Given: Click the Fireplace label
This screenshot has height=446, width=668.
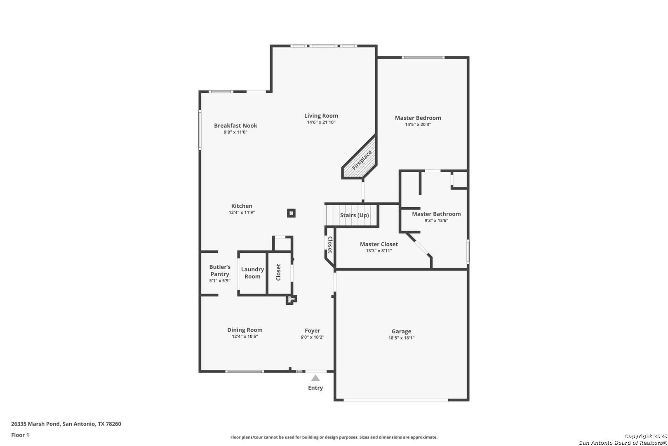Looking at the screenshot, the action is tap(362, 160).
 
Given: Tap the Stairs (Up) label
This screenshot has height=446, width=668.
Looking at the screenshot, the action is tap(354, 215).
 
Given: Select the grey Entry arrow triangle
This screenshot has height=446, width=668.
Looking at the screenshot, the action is tap(315, 378).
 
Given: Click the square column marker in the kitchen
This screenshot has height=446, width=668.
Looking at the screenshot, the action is tap(292, 213).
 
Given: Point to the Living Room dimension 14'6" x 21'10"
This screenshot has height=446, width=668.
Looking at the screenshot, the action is tap(321, 122).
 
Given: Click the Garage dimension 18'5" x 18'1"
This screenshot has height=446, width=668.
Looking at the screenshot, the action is tap(401, 338).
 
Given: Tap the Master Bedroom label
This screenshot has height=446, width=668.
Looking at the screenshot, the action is tap(418, 118).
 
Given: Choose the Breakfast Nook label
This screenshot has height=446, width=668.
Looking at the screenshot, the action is tap(235, 126).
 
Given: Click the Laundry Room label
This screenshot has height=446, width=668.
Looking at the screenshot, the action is tap(253, 273).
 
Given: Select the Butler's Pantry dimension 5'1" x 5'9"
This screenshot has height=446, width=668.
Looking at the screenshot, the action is tap(220, 281).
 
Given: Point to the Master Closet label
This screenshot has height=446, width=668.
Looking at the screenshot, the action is tap(379, 244).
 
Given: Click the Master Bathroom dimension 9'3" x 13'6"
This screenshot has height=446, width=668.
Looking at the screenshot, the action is tap(436, 221).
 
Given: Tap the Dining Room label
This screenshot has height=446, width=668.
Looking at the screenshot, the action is tap(245, 330).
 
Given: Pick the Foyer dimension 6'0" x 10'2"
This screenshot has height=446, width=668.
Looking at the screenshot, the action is tap(312, 337).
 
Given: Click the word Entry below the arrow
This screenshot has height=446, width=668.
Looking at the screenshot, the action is tap(315, 388).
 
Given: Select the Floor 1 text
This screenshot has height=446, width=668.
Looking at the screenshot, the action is tap(20, 435).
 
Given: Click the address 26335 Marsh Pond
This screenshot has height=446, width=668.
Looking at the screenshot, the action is tap(35, 424).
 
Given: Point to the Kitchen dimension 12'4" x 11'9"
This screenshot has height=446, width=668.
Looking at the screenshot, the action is tap(242, 213).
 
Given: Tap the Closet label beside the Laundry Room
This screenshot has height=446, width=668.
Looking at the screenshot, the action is tap(278, 272).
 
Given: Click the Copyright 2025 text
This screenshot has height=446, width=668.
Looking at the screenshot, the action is tap(645, 436).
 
